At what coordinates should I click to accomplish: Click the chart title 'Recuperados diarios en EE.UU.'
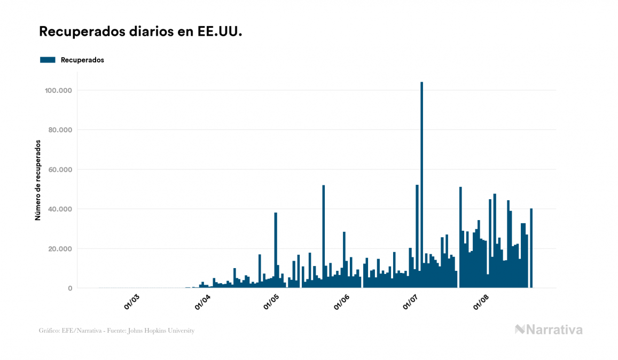[140, 32]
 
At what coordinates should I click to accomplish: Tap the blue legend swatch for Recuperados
[48, 60]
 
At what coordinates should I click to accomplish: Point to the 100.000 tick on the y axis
[58, 91]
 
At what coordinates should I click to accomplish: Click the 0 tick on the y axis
[69, 288]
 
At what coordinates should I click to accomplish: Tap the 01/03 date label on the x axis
[132, 302]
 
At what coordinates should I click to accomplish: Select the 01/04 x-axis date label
[202, 302]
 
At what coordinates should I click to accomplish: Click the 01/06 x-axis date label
[342, 302]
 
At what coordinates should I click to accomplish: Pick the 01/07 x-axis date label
[410, 302]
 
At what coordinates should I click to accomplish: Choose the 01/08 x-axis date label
[481, 302]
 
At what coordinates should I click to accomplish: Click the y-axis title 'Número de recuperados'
[38, 180]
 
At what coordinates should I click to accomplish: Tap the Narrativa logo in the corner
[549, 330]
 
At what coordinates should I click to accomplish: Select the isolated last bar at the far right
[531, 248]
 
